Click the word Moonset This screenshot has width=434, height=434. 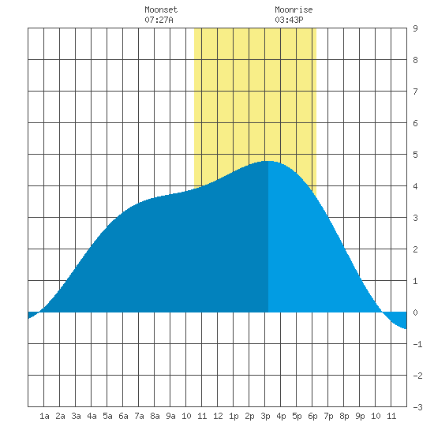(x=161, y=9)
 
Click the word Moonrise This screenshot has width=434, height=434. (x=294, y=9)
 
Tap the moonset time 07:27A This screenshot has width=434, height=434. (x=159, y=20)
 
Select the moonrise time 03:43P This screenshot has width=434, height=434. (x=289, y=20)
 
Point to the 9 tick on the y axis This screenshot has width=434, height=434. (x=415, y=28)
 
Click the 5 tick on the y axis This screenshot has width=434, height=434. (x=415, y=155)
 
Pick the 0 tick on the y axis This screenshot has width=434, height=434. (x=415, y=312)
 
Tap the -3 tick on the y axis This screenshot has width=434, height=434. (x=417, y=407)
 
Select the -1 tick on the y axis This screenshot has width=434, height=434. (x=417, y=344)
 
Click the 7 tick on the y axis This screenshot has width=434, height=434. (x=415, y=92)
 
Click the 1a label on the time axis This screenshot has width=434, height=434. (x=44, y=416)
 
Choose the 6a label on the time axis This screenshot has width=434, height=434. (x=123, y=416)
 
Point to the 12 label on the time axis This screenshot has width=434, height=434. (x=218, y=416)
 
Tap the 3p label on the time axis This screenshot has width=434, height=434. (x=265, y=416)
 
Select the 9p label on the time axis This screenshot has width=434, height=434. (x=360, y=416)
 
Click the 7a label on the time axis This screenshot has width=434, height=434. (x=139, y=416)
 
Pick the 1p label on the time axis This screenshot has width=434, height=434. (x=234, y=416)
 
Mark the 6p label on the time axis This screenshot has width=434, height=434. (x=312, y=416)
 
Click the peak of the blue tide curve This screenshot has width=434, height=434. (x=268, y=161)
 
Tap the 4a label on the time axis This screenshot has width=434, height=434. (x=92, y=416)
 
